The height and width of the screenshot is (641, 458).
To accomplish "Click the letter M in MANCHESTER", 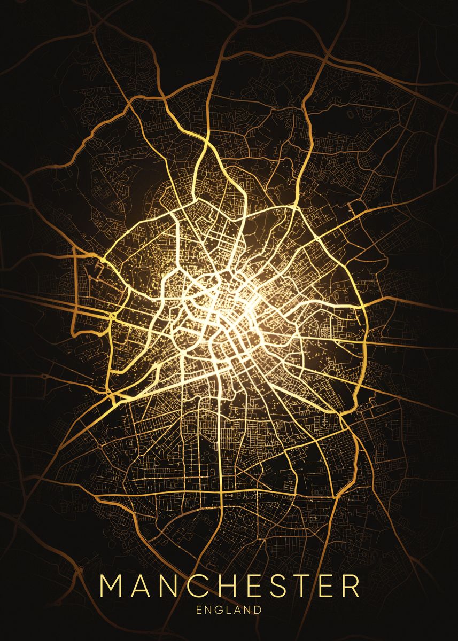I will (112, 586).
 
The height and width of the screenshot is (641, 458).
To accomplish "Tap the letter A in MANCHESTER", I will (142, 586).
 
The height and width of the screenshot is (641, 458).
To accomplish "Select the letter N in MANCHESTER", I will (170, 586).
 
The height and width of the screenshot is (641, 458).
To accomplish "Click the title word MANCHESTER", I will (230, 586).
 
